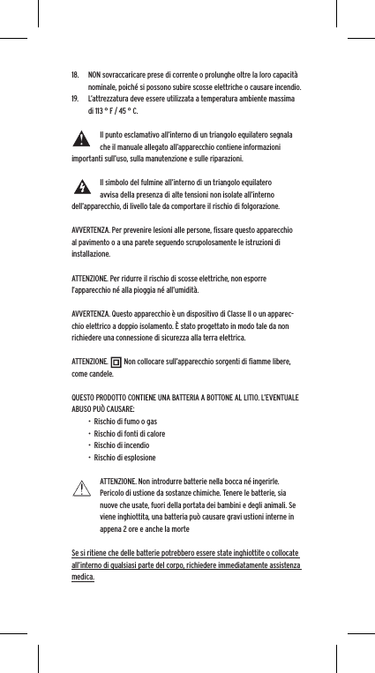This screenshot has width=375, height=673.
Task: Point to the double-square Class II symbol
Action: pyautogui.click(x=117, y=361)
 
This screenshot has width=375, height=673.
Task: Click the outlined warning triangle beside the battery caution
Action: pyautogui.click(x=83, y=486)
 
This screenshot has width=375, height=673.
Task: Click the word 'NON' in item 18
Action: pyautogui.click(x=95, y=73)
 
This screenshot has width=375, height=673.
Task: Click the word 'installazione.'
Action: pyautogui.click(x=91, y=253)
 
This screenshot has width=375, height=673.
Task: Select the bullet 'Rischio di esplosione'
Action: pyautogui.click(x=125, y=459)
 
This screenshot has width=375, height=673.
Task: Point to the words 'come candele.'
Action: pyautogui.click(x=91, y=375)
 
